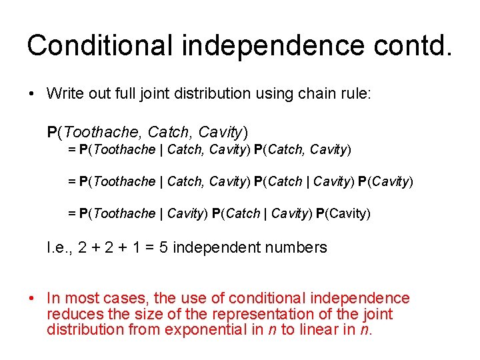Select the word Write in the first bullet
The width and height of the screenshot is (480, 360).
(x=64, y=93)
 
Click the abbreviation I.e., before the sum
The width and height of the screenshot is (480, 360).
(x=60, y=248)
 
